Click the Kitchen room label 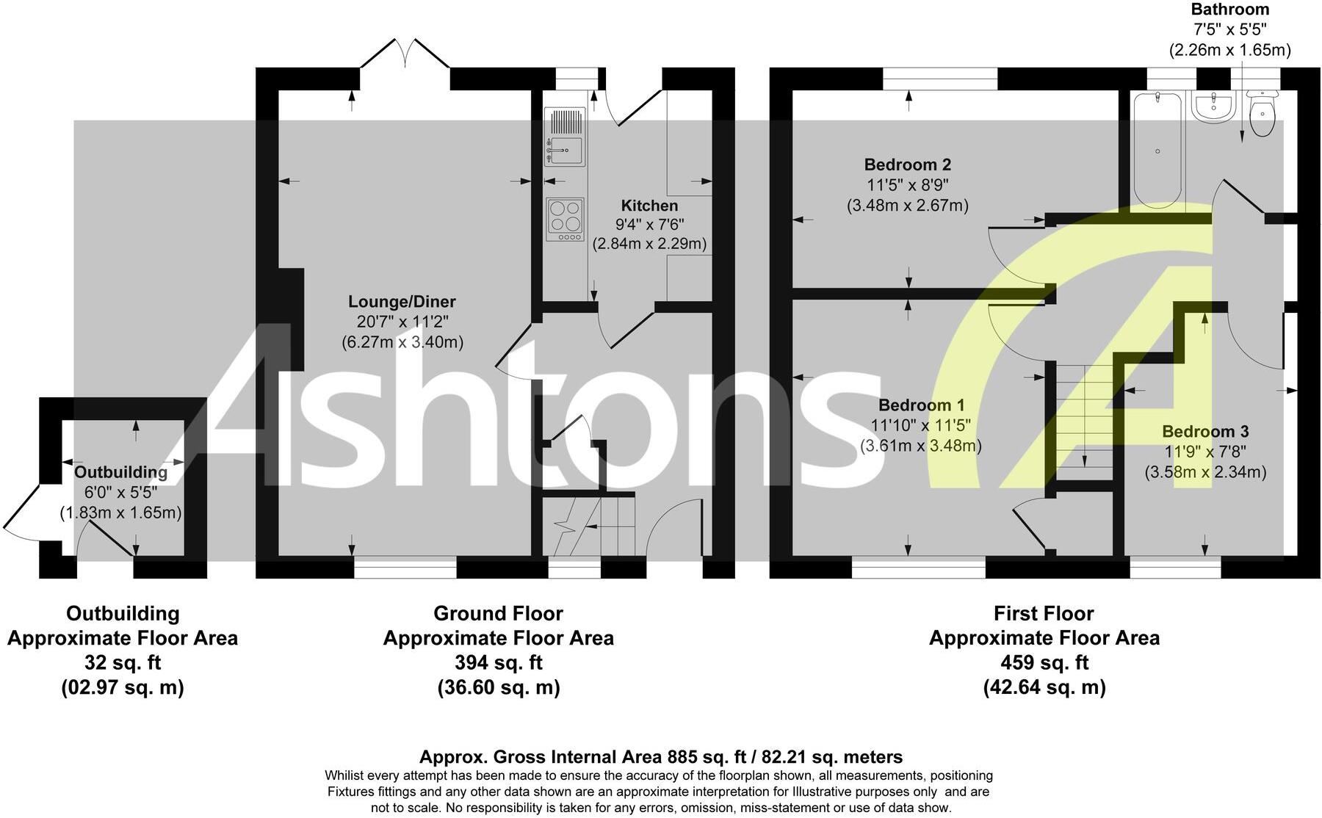click(x=649, y=206)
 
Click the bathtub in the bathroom click(x=1157, y=150)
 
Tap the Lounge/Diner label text click(x=402, y=302)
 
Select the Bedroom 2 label click(x=907, y=164)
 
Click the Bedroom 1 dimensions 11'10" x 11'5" click(x=921, y=425)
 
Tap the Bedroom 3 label click(x=1205, y=432)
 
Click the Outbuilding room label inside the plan click(x=120, y=472)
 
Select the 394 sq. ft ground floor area click(x=498, y=662)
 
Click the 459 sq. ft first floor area click(x=1044, y=662)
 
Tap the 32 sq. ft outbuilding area click(x=123, y=662)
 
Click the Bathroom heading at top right click(x=1229, y=10)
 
